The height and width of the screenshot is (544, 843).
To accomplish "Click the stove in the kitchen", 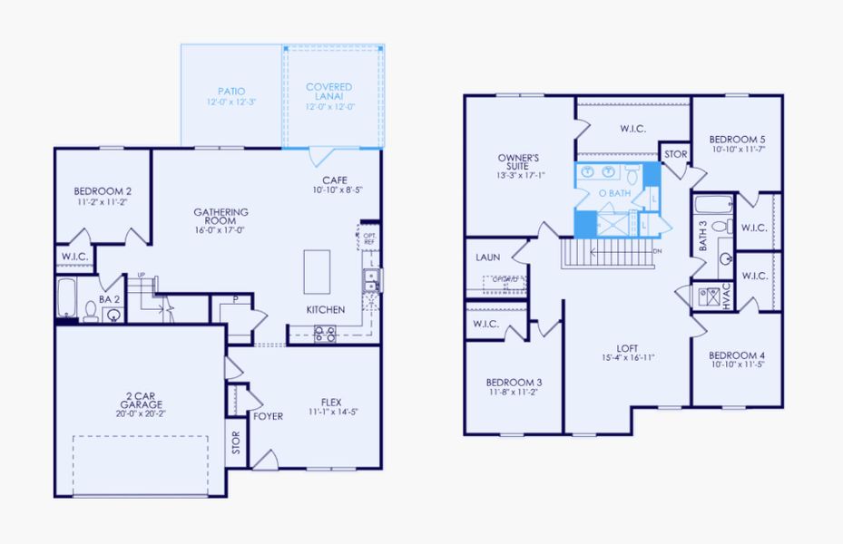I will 325,333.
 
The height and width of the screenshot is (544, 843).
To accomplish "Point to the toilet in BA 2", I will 91,311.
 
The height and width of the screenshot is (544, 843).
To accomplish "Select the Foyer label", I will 268,417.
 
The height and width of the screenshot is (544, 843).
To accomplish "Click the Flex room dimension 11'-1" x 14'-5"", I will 336,413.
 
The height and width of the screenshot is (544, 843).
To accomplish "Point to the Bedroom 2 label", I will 103,191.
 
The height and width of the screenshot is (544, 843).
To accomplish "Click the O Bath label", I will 614,193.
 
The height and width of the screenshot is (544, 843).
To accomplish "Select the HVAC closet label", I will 727,296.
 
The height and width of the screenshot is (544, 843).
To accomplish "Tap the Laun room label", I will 488,257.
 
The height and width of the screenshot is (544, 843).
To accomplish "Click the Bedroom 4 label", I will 737,355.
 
